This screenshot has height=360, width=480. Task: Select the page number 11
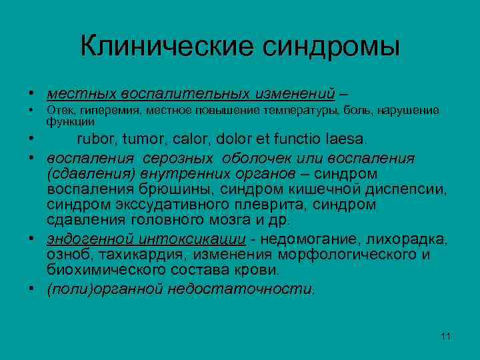pyautogui.click(x=446, y=335)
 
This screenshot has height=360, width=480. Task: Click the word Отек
pyautogui.click(x=58, y=110)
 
